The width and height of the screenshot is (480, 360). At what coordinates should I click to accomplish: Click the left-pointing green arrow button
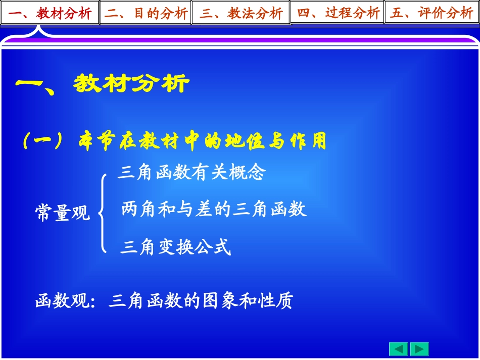(399, 349)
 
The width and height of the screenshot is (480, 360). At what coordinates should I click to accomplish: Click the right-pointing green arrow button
(419, 349)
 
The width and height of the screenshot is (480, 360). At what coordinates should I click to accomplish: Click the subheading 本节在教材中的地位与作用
(203, 142)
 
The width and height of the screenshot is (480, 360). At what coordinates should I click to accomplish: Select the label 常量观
(62, 213)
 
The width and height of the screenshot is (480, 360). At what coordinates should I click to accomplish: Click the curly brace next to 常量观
(103, 213)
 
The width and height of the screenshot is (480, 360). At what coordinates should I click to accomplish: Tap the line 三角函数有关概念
(191, 173)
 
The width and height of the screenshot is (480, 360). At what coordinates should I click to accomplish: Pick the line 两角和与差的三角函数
(214, 209)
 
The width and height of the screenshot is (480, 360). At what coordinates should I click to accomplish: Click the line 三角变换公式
(175, 247)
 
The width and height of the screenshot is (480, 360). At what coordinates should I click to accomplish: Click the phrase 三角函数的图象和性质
(201, 301)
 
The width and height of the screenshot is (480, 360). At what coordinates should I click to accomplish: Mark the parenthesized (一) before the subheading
(43, 142)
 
